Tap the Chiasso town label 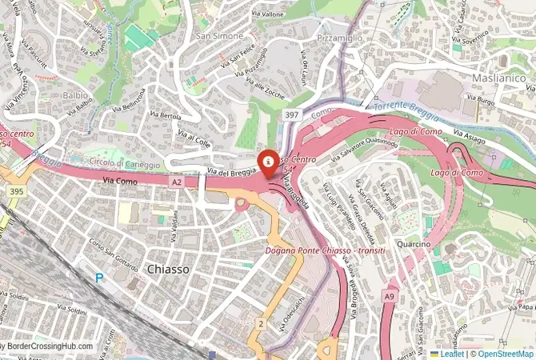pos(169,270)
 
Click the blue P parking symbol pos(99,278)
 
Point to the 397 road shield pos(292,116)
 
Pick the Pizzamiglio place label pos(340,38)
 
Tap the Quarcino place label pos(413,243)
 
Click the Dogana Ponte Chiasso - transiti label pos(326,250)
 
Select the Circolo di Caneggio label pos(124,163)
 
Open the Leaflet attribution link pos(451,353)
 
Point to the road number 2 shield pos(261,323)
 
